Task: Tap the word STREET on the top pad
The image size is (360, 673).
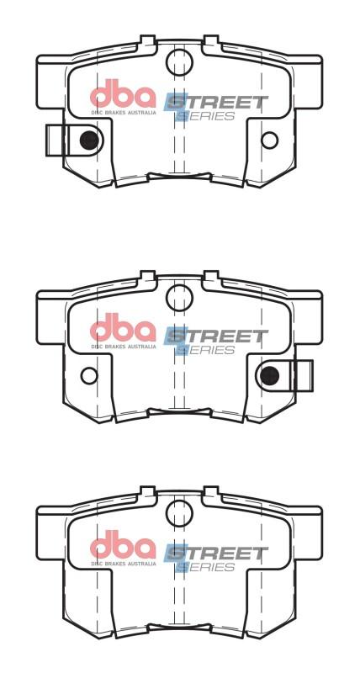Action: (x=217, y=103)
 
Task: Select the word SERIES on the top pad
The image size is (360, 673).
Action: (x=206, y=116)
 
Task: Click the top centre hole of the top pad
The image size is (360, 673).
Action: (x=179, y=61)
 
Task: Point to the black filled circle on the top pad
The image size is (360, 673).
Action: (x=87, y=140)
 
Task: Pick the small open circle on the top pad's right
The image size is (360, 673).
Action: (x=269, y=140)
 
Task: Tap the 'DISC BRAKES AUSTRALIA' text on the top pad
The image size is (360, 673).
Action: (x=123, y=111)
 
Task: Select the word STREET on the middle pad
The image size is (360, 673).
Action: (x=217, y=336)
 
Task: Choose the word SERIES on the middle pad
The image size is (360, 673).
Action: (x=206, y=350)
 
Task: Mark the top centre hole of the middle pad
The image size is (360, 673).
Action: (x=179, y=295)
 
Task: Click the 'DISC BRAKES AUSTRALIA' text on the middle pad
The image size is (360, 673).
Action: (x=123, y=346)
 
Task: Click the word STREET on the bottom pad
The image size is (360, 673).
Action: (x=217, y=554)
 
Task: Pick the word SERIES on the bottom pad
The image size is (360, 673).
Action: (x=206, y=567)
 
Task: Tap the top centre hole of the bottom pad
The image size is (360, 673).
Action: (x=179, y=512)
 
